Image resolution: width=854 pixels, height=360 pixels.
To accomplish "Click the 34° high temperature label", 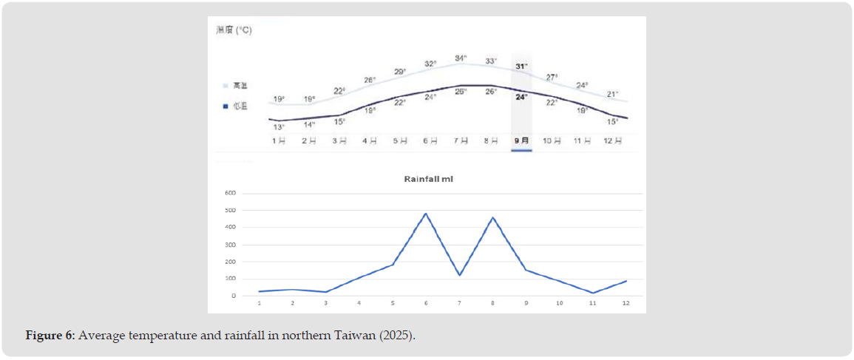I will (x=461, y=58).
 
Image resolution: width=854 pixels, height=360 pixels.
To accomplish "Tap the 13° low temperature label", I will (x=279, y=127).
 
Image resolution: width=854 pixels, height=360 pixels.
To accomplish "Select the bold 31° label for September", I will (x=521, y=67).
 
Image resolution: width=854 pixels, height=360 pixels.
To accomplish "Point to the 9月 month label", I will (x=521, y=140).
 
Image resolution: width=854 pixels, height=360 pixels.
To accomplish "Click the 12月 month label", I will (x=612, y=140).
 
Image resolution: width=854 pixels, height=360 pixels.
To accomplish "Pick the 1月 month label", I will (x=279, y=140).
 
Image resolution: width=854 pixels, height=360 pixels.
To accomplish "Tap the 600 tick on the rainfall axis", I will (x=230, y=194).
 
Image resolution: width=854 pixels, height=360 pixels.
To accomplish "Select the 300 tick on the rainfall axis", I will (x=230, y=245).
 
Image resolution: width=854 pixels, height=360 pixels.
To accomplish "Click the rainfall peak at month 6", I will (x=426, y=214).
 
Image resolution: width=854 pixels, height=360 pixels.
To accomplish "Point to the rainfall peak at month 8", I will (x=492, y=217).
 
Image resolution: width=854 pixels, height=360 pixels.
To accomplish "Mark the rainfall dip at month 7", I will (x=459, y=275).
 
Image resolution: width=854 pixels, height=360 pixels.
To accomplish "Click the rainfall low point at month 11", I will (x=593, y=293).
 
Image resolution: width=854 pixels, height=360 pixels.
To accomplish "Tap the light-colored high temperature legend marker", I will (x=225, y=86).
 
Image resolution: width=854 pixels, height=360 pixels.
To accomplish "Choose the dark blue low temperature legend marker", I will (x=225, y=106).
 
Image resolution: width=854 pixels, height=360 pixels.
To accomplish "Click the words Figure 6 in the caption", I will (x=50, y=336).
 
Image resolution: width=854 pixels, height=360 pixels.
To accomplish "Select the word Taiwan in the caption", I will (x=360, y=336).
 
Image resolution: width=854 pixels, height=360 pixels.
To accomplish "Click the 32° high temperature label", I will (x=430, y=64).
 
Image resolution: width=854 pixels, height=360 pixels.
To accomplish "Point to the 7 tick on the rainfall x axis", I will (x=459, y=303).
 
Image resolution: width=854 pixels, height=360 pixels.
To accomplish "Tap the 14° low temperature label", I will (x=309, y=124).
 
